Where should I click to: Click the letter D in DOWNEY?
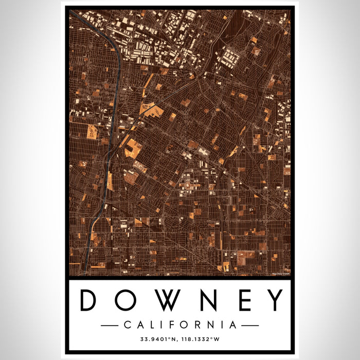coord(89,300)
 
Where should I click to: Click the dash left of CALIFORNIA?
coord(110,325)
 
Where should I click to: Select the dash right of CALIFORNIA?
coord(250,325)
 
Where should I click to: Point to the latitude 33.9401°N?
coord(158,339)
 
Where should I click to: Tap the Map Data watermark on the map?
coord(281,273)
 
